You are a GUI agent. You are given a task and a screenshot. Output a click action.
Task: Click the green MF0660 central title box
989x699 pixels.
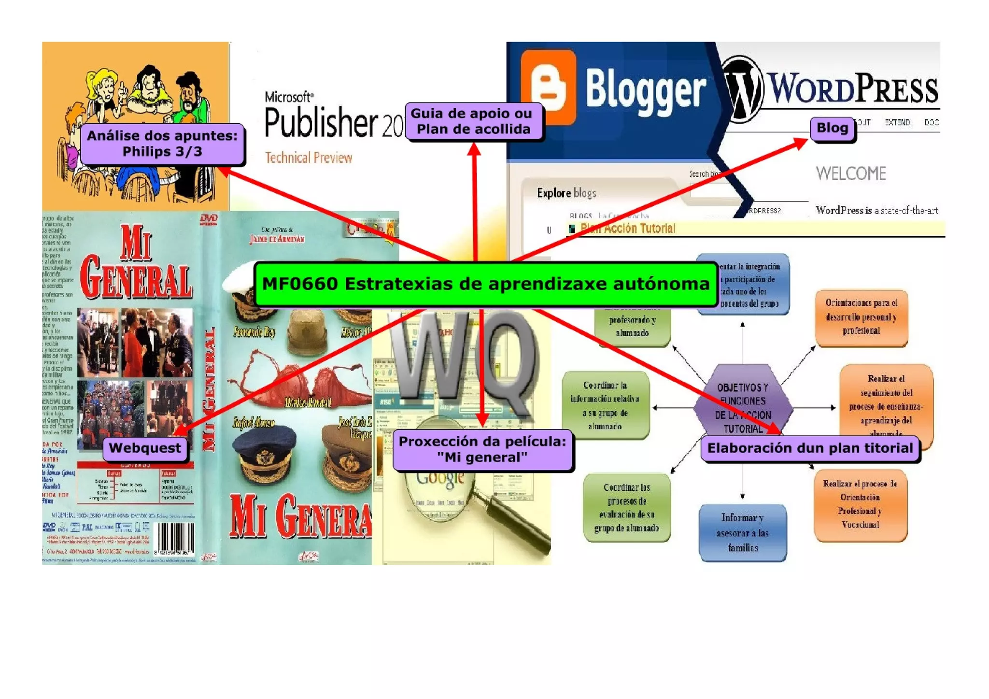tap(485, 284)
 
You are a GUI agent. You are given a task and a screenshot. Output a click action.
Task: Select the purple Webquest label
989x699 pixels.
tap(145, 448)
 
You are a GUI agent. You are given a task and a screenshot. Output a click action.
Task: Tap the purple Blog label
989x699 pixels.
tap(832, 128)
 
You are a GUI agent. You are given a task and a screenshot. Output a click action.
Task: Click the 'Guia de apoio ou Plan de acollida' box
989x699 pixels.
tap(473, 121)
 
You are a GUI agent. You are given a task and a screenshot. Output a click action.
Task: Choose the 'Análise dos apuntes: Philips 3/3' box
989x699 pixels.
tap(162, 143)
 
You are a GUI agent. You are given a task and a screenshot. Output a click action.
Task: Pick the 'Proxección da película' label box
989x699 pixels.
tap(482, 450)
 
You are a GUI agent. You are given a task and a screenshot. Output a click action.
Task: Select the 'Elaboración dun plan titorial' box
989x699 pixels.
tap(810, 448)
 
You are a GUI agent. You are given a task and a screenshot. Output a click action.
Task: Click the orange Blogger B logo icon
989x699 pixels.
tap(549, 87)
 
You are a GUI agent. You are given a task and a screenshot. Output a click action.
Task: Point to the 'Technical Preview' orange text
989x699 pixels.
tap(309, 158)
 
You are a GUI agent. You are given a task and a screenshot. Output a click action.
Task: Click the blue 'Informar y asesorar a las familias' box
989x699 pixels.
tap(743, 533)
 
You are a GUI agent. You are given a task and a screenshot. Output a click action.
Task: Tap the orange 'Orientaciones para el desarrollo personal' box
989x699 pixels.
tap(862, 317)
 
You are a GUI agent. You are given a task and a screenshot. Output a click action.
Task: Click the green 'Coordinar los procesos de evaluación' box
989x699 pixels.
tap(627, 507)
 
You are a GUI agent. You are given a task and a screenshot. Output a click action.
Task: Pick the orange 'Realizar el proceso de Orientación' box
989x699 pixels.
tap(860, 504)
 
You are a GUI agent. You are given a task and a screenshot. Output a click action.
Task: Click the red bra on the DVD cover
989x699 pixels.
tap(299, 382)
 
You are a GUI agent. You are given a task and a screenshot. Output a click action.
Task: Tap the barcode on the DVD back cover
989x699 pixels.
tap(174, 539)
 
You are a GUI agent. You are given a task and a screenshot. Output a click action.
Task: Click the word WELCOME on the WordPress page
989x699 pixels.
tap(850, 173)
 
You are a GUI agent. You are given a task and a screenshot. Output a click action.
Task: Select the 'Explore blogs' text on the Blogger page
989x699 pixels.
tap(566, 193)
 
